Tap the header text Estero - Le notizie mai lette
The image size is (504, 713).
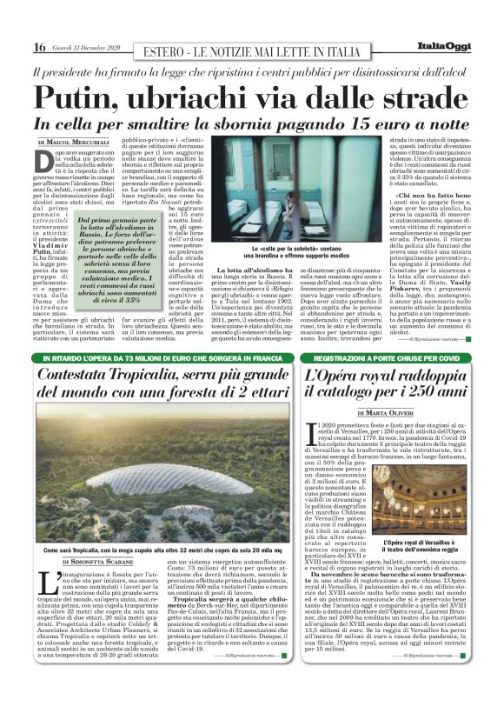(252, 51)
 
